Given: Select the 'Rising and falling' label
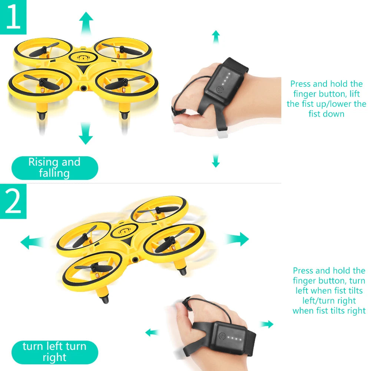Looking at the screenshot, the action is click(x=54, y=168).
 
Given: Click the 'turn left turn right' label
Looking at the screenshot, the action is click(x=54, y=352).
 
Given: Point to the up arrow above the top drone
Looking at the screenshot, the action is click(x=86, y=23).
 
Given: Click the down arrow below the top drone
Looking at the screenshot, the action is click(x=86, y=133).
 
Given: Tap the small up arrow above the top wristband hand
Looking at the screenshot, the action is click(x=216, y=37).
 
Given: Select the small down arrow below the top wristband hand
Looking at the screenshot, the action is click(x=216, y=160).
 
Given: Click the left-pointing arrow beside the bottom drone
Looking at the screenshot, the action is click(x=32, y=242).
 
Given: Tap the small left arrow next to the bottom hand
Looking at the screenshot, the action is click(x=152, y=332).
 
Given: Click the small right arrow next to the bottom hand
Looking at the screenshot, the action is click(x=266, y=324).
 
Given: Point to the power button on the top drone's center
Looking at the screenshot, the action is click(x=83, y=57).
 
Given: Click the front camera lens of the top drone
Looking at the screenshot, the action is click(x=83, y=88).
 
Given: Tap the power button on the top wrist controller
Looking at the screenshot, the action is click(x=220, y=89).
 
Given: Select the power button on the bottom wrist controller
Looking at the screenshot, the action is click(x=222, y=336).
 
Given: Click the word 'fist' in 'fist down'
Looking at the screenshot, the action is click(x=314, y=114).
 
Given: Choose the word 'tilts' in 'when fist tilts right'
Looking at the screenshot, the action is click(x=341, y=311).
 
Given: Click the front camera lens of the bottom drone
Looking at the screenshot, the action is click(x=135, y=260).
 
